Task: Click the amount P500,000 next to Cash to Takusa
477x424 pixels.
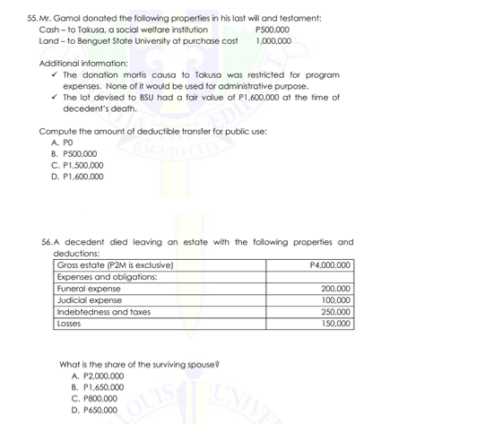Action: [273, 30]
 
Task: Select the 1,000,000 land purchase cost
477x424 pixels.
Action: [273, 41]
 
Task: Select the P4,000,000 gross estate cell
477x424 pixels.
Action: [329, 265]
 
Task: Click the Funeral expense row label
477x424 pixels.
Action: [88, 289]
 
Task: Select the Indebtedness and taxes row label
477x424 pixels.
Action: [103, 312]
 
